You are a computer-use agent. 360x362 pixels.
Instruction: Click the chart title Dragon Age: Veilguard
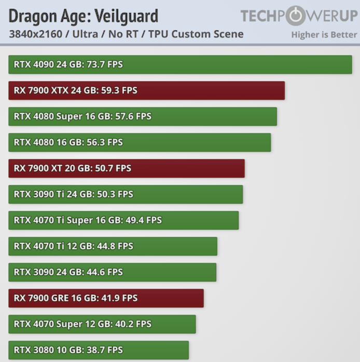[84, 16]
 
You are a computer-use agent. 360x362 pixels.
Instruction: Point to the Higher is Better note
[324, 35]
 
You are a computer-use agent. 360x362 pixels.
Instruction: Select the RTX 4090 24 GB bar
[180, 64]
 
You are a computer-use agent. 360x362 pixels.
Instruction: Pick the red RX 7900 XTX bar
[146, 90]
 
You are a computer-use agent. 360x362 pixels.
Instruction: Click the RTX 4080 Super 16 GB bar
[143, 116]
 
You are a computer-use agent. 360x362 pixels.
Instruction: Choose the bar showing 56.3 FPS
[140, 142]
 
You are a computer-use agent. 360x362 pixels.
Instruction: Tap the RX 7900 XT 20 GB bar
[127, 168]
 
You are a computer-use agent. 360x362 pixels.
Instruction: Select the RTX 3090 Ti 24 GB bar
[126, 194]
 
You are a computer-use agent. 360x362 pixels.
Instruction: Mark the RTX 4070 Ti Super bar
[123, 220]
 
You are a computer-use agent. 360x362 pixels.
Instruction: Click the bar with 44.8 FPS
[113, 246]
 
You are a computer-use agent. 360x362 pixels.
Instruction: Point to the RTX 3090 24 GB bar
[112, 272]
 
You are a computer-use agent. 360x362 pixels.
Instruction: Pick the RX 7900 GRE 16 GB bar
[106, 298]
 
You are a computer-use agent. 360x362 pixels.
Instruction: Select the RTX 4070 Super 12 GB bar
[102, 324]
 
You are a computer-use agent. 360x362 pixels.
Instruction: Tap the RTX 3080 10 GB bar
[99, 350]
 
